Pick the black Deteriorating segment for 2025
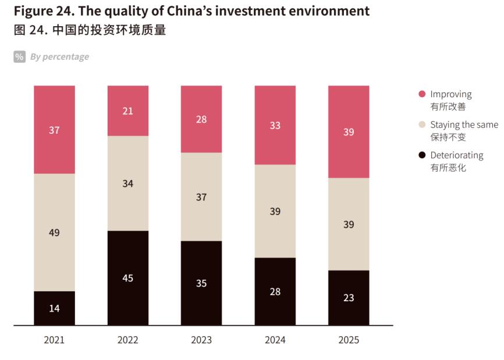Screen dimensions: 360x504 (349, 311)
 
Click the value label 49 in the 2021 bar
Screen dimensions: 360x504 (54, 233)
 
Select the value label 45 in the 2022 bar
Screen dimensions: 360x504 (128, 278)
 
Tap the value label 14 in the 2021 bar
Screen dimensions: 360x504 (54, 308)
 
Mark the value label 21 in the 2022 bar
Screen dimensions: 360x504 (128, 111)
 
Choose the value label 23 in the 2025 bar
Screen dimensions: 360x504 (349, 297)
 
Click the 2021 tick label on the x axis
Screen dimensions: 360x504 (54, 340)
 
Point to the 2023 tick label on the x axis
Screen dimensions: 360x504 (201, 340)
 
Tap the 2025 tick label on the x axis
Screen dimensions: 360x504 (349, 340)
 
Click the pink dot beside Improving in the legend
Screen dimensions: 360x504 (422, 94)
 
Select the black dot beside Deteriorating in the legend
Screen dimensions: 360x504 (422, 155)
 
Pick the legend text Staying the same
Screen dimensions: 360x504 (464, 124)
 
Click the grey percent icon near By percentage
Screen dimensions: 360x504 (20, 56)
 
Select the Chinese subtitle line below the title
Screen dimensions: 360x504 (90, 30)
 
